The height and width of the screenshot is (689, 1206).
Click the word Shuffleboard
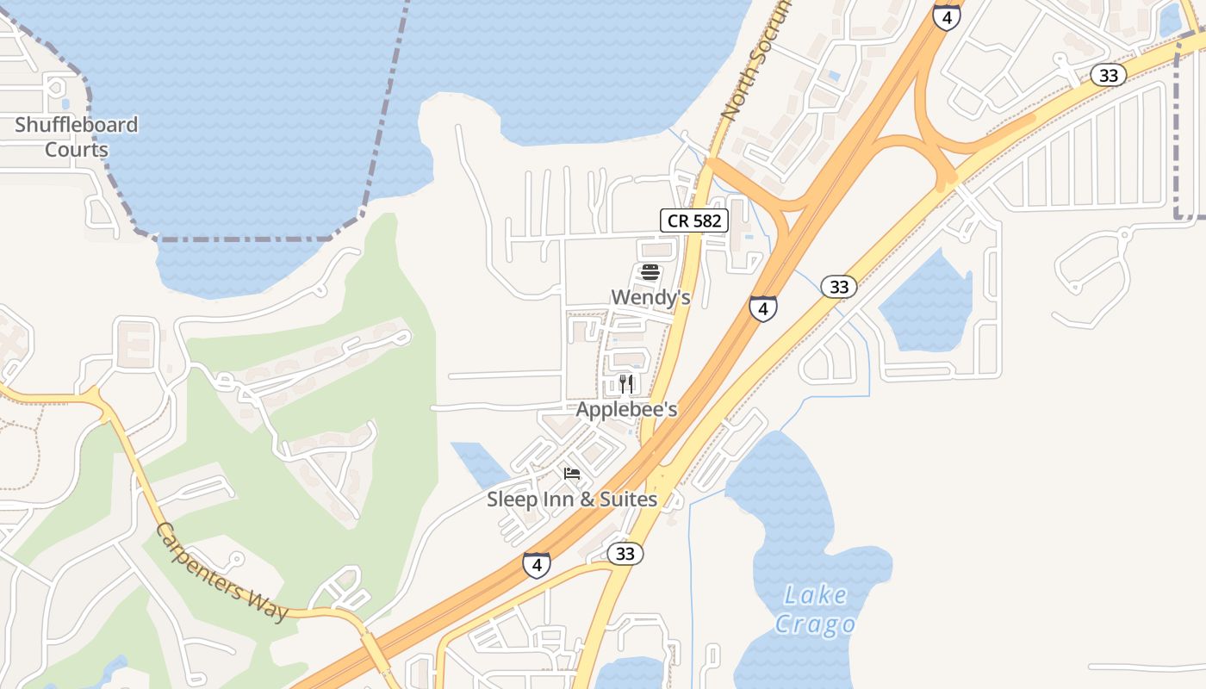click(76, 125)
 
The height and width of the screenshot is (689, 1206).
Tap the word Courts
click(76, 150)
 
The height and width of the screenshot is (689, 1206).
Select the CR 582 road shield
click(694, 220)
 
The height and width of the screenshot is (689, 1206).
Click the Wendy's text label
click(650, 298)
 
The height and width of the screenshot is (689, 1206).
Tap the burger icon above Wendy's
click(650, 273)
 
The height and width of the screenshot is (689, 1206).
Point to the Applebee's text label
click(626, 410)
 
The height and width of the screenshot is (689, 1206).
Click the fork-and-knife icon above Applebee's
click(626, 384)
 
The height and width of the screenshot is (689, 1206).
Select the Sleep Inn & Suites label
click(572, 500)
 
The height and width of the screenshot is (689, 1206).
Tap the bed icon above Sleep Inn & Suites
click(571, 474)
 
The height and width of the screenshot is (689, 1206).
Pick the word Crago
click(814, 624)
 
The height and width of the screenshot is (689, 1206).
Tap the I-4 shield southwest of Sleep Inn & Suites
click(536, 565)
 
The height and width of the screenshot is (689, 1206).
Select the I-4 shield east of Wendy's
click(762, 307)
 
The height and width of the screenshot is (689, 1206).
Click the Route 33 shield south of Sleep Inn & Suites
click(625, 554)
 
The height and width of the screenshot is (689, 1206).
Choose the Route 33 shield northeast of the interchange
click(1108, 76)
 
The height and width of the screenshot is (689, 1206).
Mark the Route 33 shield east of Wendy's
click(838, 287)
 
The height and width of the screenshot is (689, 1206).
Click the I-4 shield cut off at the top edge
click(946, 16)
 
